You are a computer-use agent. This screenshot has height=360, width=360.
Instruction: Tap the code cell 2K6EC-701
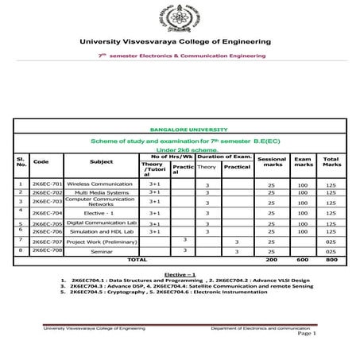point(47,183)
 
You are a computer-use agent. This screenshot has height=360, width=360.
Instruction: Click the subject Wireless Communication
point(100,183)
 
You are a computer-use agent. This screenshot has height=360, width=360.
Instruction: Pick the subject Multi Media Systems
point(100,192)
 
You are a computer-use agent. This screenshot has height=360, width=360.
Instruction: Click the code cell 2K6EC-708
point(47,250)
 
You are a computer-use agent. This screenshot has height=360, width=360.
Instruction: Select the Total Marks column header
point(331,161)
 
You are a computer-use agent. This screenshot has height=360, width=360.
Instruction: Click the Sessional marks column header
point(273,161)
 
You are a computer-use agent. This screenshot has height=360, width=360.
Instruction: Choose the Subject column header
point(101,161)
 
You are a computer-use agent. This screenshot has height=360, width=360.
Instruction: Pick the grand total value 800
point(331,259)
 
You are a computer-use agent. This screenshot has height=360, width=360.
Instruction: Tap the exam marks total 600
point(303,259)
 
